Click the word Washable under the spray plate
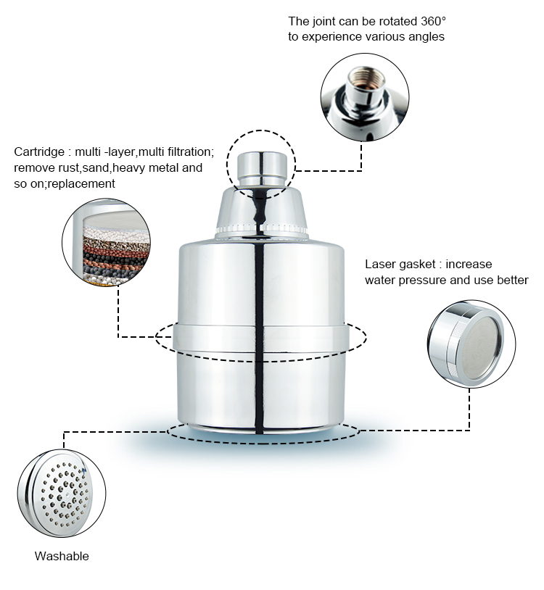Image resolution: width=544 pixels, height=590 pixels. [x=62, y=556]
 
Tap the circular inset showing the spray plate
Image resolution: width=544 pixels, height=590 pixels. [x=62, y=492]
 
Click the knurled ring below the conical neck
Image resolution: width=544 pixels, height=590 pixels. [x=262, y=233]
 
